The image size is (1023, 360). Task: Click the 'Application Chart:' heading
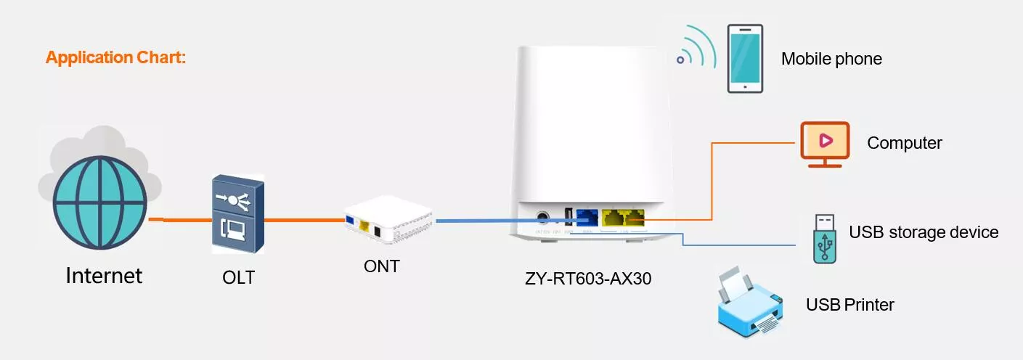point(115,57)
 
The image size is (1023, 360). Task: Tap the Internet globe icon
point(99,202)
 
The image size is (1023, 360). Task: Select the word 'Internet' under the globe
point(104,276)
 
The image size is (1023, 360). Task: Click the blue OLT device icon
point(238,214)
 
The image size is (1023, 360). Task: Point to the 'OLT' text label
point(238,277)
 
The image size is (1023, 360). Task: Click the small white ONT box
point(388,219)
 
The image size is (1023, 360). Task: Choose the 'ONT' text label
point(382,266)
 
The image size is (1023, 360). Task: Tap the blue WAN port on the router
point(587,218)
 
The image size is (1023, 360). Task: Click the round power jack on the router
point(542,217)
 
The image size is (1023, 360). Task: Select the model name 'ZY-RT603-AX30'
point(588,278)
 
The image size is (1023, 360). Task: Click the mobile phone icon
point(745,59)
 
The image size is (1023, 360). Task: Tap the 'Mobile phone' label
point(831,59)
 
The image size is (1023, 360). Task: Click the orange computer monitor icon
point(825,144)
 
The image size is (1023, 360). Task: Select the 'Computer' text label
point(904,143)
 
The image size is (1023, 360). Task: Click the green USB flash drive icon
point(825,239)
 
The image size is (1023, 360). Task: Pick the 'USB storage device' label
point(924,232)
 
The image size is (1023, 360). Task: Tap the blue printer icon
point(749,302)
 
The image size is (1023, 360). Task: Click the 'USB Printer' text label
point(850,305)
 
